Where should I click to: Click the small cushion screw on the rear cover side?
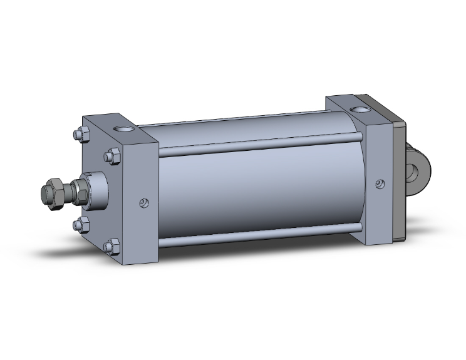click(x=379, y=183)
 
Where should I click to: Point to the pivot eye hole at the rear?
click(x=418, y=170)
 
